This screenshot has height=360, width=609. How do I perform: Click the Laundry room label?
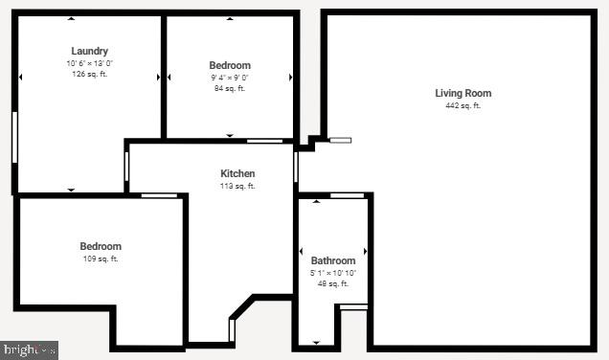tap(89, 51)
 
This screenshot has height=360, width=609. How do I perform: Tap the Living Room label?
tap(462, 93)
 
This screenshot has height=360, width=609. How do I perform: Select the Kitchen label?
tap(237, 173)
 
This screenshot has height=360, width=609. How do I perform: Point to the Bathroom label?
tap(333, 260)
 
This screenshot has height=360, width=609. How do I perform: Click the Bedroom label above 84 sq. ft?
tap(230, 65)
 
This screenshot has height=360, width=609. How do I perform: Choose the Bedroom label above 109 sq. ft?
tap(101, 246)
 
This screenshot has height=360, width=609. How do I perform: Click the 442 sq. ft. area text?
tap(462, 105)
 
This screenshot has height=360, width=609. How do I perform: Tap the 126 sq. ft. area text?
tap(89, 74)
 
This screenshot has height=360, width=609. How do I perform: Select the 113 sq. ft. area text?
tap(237, 186)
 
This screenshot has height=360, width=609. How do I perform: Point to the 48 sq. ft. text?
tap(333, 283)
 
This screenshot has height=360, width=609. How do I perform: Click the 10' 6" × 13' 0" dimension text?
tap(89, 62)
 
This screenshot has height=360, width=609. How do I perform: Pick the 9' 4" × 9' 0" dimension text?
tap(230, 77)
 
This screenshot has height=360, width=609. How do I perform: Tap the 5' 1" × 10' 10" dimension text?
tap(333, 272)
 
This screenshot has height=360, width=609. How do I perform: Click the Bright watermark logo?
tap(30, 349)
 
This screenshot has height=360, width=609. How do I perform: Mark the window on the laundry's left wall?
tap(14, 137)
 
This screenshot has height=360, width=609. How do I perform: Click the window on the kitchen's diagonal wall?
tap(232, 330)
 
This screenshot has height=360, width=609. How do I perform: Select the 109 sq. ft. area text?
tap(101, 259)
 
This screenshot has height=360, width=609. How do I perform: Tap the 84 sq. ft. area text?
tap(230, 88)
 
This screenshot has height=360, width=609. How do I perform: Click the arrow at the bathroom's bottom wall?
tap(316, 342)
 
